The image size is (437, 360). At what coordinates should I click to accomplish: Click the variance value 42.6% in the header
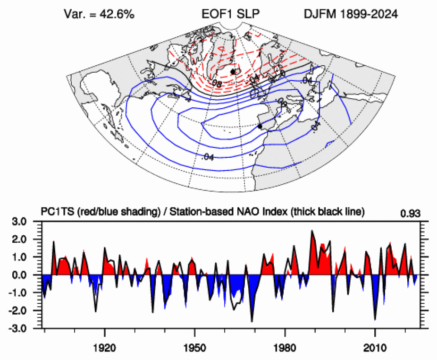(x=118, y=15)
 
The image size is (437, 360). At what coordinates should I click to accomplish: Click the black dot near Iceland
(x=233, y=71)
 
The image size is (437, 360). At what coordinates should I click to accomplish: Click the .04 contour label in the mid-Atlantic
(x=208, y=157)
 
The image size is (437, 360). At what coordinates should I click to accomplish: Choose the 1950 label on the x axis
(x=195, y=346)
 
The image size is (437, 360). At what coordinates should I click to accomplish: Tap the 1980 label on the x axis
(x=285, y=346)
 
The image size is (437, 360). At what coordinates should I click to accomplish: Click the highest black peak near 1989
(x=312, y=231)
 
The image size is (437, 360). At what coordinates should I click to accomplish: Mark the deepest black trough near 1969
(x=252, y=321)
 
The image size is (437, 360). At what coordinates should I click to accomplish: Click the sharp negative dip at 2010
(x=375, y=319)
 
